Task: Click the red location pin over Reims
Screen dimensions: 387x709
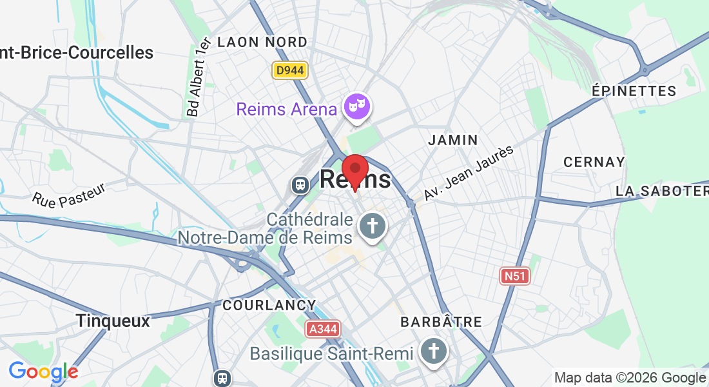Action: [354, 171]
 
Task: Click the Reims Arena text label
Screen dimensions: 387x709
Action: [287, 109]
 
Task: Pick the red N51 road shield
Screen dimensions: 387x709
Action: [515, 276]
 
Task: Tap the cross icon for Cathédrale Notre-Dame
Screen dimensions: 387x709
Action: [371, 226]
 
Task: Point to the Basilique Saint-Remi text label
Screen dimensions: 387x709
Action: [333, 353]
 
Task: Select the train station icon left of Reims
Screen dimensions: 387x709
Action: [300, 185]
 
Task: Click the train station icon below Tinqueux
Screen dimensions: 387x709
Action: [222, 377]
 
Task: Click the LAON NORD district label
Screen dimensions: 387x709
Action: [262, 43]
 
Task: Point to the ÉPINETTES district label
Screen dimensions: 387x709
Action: [634, 91]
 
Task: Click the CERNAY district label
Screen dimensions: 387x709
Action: [594, 162]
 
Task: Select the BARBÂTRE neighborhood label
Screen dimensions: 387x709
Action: [441, 321]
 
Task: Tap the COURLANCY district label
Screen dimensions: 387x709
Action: [269, 305]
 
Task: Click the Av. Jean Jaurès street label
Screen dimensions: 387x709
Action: [469, 172]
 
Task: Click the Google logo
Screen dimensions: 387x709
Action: [43, 372]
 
